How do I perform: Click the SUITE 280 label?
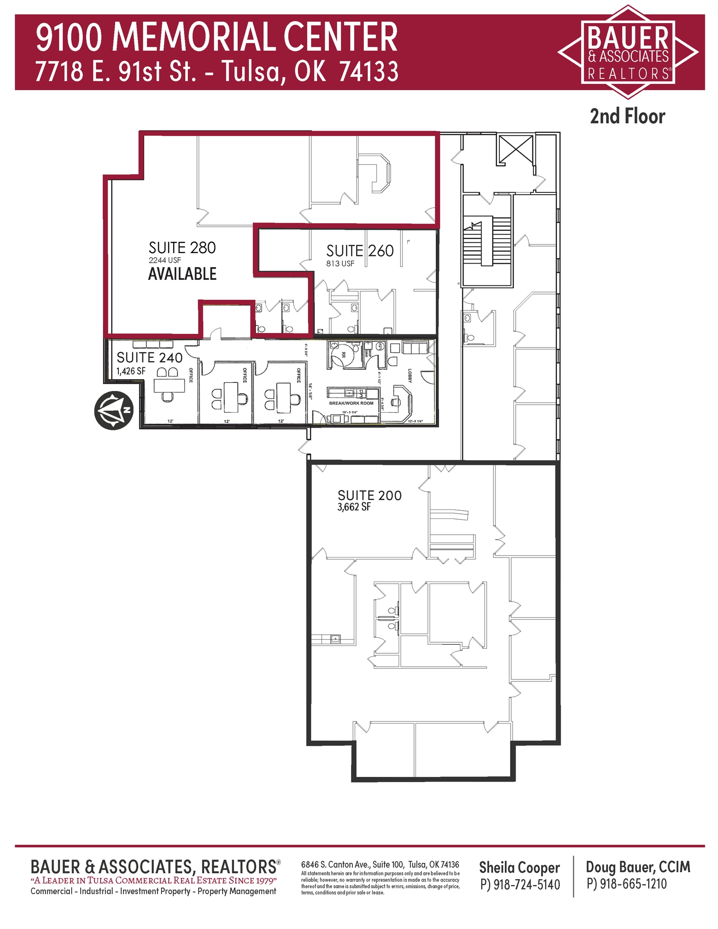pyautogui.click(x=182, y=248)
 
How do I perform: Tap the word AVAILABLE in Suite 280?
pyautogui.click(x=182, y=274)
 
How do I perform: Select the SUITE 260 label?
pyautogui.click(x=360, y=251)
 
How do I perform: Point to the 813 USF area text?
pyautogui.click(x=340, y=264)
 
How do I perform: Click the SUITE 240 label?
pyautogui.click(x=150, y=357)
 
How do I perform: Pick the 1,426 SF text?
pyautogui.click(x=131, y=371)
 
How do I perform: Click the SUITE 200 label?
pyautogui.click(x=370, y=495)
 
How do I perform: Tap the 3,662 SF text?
pyautogui.click(x=354, y=507)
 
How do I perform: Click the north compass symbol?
pyautogui.click(x=113, y=410)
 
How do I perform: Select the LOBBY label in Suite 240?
pyautogui.click(x=409, y=376)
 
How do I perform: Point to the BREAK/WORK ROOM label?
pyautogui.click(x=351, y=403)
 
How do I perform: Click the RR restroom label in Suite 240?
pyautogui.click(x=343, y=357)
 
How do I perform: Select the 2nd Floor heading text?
pyautogui.click(x=627, y=117)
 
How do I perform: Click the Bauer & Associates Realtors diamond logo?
pyautogui.click(x=628, y=52)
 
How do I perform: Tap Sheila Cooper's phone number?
pyautogui.click(x=520, y=885)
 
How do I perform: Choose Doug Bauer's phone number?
pyautogui.click(x=626, y=884)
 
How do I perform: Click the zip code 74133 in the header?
pyautogui.click(x=369, y=72)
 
